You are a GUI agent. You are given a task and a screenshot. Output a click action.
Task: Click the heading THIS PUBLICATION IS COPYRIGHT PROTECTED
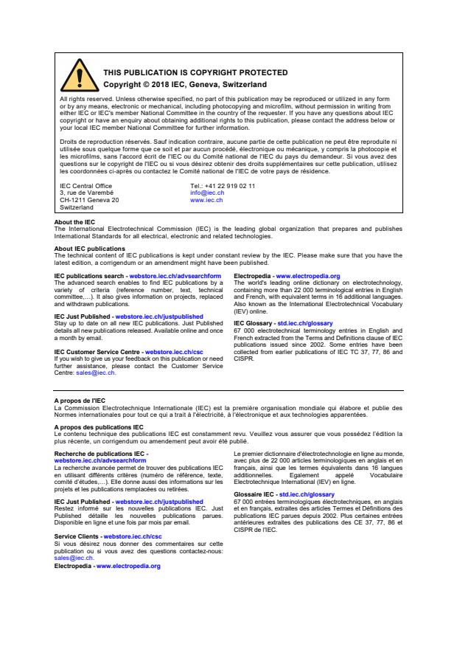185,72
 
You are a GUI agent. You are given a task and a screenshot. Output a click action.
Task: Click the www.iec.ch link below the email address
206,200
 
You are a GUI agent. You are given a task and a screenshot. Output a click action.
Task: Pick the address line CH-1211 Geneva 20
89,200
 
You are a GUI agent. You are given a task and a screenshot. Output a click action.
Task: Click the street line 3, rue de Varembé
87,193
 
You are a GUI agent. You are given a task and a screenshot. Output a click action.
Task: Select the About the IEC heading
74,222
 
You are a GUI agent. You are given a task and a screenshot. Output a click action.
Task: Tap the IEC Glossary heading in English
254,323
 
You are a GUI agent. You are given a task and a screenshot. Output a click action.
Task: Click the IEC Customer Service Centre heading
99,352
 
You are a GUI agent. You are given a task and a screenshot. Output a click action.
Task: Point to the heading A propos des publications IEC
99,426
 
